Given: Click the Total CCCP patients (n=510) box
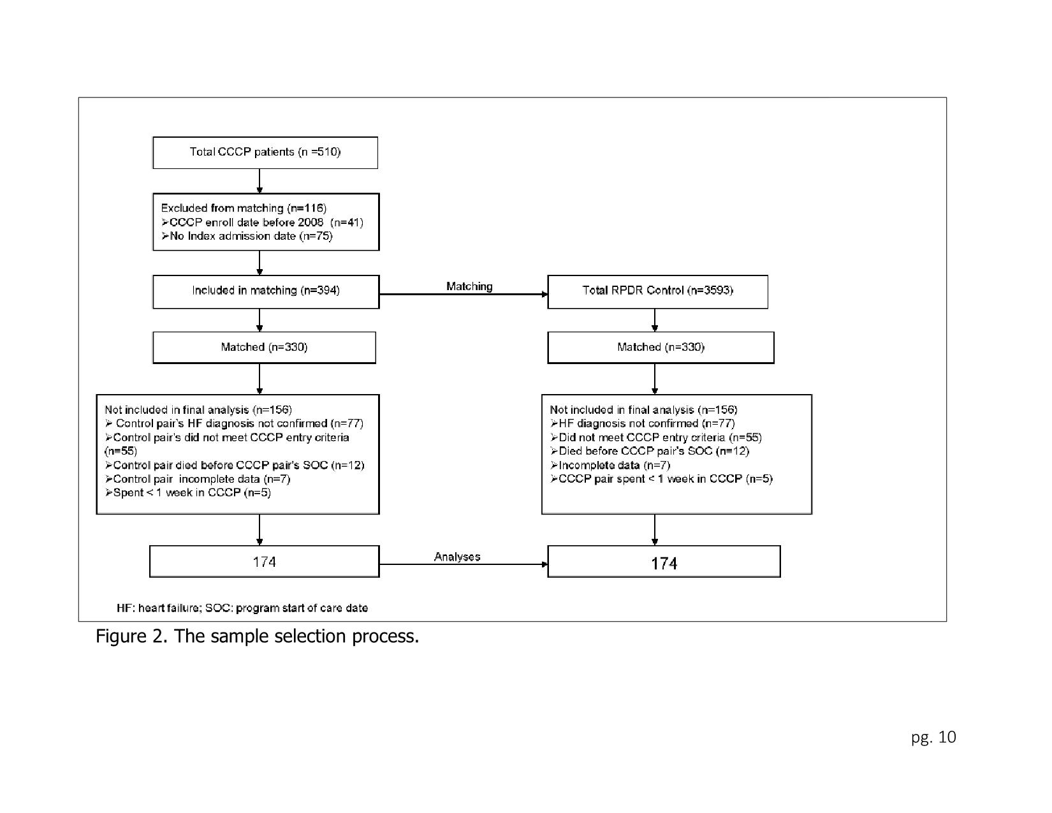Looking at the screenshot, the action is point(265,152).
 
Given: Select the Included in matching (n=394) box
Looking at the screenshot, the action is point(266,291).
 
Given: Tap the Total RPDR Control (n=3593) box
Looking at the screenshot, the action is point(657,291).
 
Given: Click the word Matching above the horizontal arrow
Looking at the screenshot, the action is point(469,286).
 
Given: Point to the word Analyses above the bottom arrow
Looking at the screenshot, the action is point(457,557).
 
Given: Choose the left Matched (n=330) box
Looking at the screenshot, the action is point(264,347).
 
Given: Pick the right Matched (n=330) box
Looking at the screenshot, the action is point(661,347).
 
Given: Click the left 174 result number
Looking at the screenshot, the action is point(265,562).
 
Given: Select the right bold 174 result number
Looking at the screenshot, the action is point(664,563).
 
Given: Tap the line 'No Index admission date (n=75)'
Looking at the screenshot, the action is point(247,236).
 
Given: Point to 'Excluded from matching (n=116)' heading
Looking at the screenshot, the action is point(244,208).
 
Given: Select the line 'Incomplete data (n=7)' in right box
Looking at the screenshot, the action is point(610,465).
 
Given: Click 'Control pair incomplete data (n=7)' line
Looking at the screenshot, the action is point(198,479).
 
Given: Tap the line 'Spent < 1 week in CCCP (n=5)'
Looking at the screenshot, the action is point(188,492).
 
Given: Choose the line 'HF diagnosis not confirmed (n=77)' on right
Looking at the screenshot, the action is point(643,423).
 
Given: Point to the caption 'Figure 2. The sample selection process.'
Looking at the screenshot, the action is point(257,636).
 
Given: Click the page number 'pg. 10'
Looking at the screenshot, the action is point(933,738).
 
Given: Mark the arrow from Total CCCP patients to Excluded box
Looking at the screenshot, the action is point(259,181).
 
